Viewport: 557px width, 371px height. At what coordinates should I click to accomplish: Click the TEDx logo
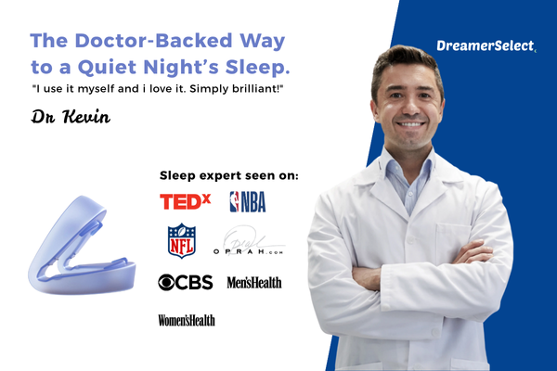186,201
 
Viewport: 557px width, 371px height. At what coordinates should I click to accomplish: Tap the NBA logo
248,201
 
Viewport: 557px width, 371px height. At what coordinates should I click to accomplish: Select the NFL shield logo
182,241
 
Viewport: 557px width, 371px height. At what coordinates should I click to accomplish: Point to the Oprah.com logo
253,243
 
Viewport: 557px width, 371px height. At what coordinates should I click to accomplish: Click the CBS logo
186,282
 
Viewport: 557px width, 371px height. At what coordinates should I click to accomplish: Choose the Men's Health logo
253,282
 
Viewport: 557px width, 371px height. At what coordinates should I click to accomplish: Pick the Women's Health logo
187,320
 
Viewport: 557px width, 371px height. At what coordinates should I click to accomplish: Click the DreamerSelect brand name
484,45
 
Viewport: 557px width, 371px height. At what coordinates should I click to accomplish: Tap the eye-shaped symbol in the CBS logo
168,282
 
